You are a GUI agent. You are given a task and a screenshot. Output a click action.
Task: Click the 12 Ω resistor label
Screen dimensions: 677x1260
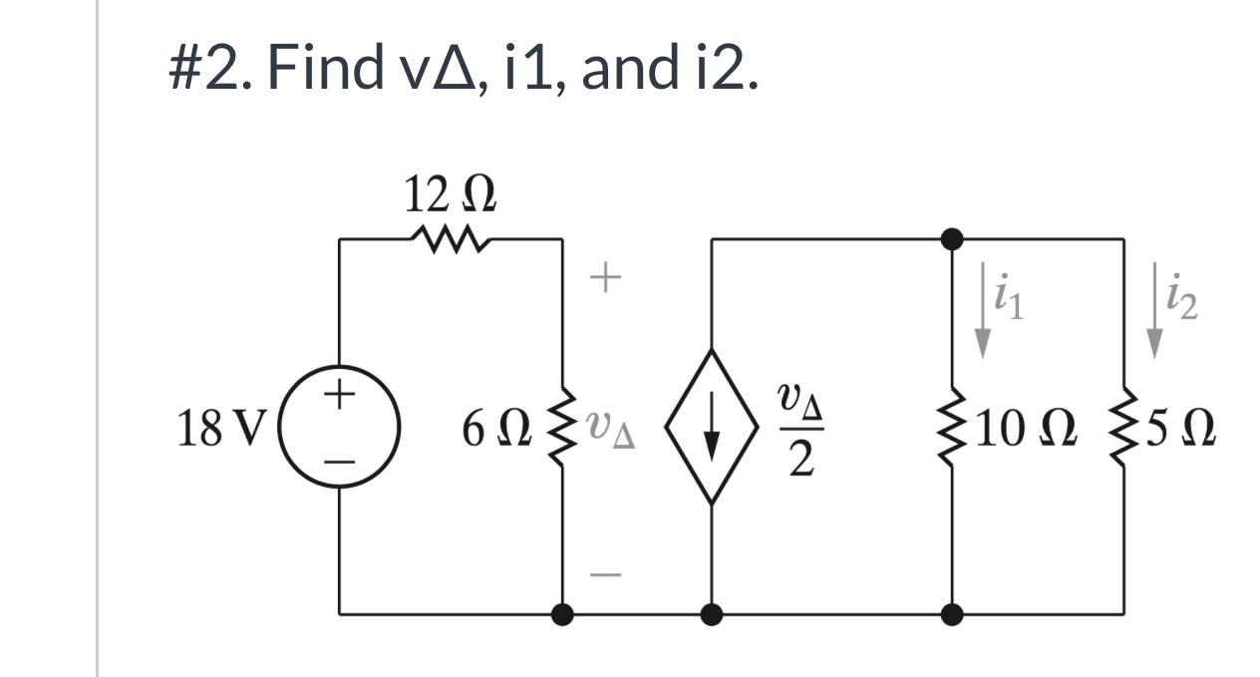coord(451,196)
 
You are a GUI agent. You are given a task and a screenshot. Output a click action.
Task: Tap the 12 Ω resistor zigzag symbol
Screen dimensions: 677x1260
coord(451,239)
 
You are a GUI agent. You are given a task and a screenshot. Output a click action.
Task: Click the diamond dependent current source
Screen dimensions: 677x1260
coord(711,428)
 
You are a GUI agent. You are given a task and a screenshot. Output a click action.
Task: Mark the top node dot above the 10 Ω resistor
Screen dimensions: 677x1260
coord(953,238)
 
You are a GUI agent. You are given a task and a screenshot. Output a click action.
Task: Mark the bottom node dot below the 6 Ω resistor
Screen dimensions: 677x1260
coord(562,614)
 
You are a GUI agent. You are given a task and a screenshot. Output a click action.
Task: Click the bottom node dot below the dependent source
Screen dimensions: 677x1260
coord(711,614)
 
